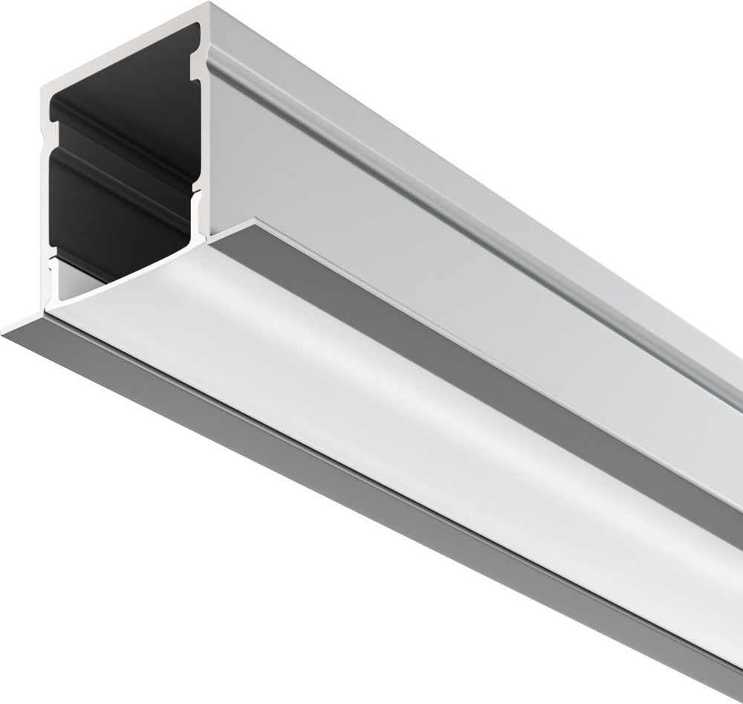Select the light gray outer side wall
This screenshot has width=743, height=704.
click(446, 223)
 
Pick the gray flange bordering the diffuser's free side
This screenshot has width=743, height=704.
click(297, 446)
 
